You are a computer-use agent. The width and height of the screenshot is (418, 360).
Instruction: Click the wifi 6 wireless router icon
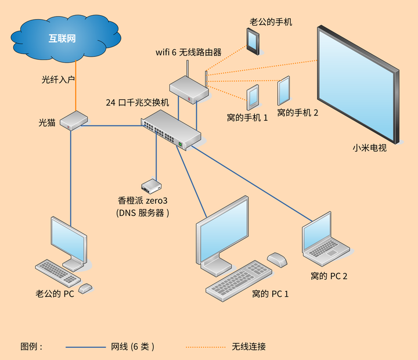[189, 89]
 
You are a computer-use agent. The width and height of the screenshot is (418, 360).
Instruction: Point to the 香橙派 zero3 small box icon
[152, 186]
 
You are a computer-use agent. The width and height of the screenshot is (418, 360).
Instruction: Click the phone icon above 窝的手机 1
[253, 98]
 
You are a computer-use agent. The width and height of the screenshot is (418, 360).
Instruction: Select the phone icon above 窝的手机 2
[284, 91]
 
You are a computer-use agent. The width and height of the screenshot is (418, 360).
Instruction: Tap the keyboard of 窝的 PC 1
[239, 281]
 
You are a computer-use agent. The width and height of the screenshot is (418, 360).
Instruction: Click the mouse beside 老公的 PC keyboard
[85, 288]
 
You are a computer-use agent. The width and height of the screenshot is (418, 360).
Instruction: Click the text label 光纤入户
[59, 79]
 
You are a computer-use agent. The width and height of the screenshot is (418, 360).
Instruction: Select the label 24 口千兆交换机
[137, 102]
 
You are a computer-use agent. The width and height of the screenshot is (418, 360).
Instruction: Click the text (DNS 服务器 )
[143, 213]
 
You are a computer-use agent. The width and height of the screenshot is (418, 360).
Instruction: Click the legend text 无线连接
[248, 347]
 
